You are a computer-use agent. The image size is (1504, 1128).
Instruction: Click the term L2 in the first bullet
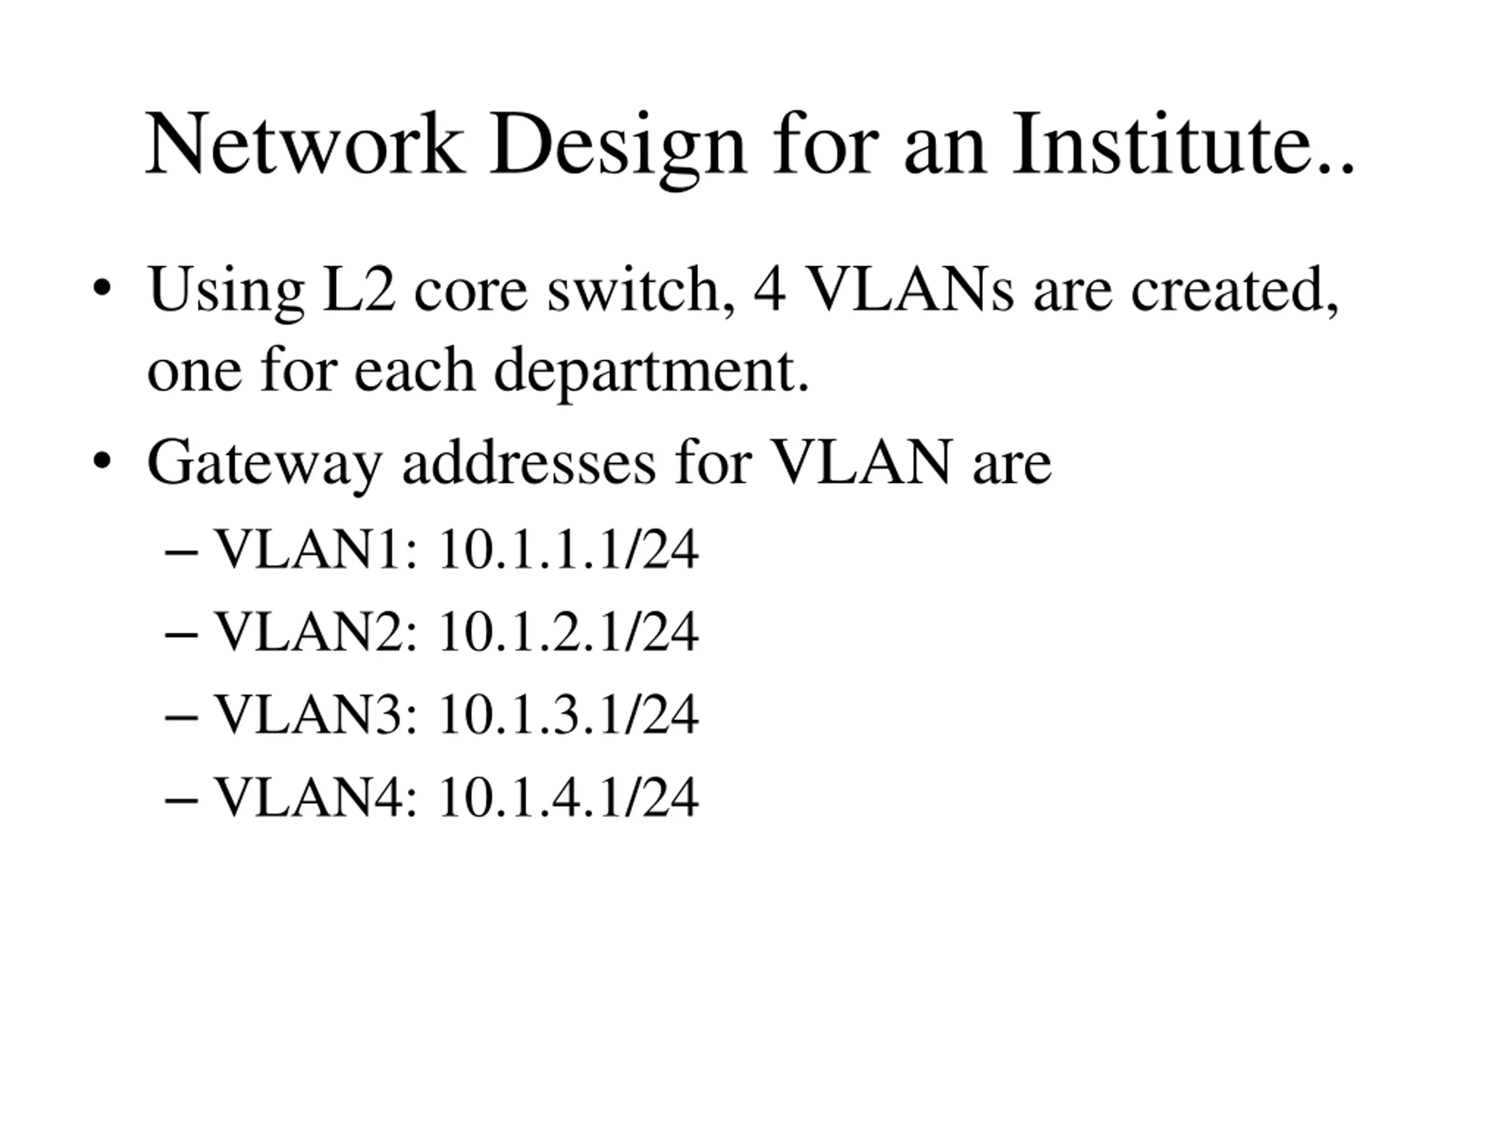point(358,290)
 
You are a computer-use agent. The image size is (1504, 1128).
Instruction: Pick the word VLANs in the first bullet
point(911,290)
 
